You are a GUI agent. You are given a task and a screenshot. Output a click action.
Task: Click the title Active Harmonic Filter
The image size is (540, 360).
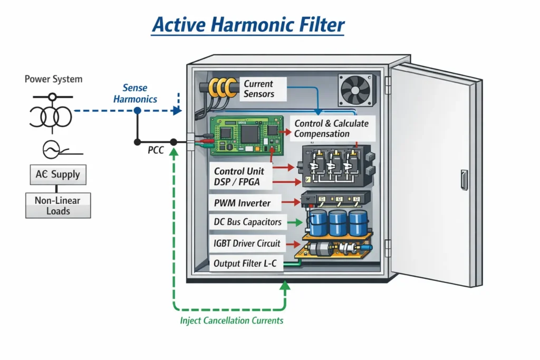(x=247, y=25)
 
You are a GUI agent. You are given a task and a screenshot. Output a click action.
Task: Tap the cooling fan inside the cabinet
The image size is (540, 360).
(x=354, y=90)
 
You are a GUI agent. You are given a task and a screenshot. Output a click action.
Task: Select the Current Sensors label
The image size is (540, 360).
(x=258, y=89)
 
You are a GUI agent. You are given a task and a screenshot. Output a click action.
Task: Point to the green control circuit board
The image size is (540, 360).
(x=245, y=135)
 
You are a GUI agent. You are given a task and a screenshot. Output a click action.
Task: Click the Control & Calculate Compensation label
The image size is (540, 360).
(x=331, y=129)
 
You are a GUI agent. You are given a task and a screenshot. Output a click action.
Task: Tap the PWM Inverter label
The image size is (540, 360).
(x=242, y=203)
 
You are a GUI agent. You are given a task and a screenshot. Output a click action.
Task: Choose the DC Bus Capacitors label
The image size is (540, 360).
(x=247, y=222)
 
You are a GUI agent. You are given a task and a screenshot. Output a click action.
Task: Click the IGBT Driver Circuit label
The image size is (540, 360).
(x=247, y=244)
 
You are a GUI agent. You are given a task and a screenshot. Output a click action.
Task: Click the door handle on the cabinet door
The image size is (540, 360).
(x=464, y=180)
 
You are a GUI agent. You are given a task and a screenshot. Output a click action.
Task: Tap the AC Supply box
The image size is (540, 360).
(x=57, y=174)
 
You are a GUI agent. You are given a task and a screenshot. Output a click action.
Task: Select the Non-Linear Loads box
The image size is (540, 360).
(x=58, y=206)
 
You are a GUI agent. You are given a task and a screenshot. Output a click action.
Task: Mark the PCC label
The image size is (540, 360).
(x=156, y=151)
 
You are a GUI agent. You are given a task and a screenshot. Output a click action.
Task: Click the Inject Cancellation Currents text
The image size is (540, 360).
(x=232, y=320)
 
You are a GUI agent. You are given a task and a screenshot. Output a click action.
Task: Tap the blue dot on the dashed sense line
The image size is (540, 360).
(x=137, y=111)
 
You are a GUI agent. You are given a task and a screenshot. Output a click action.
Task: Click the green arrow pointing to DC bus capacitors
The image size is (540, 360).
(x=297, y=222)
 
